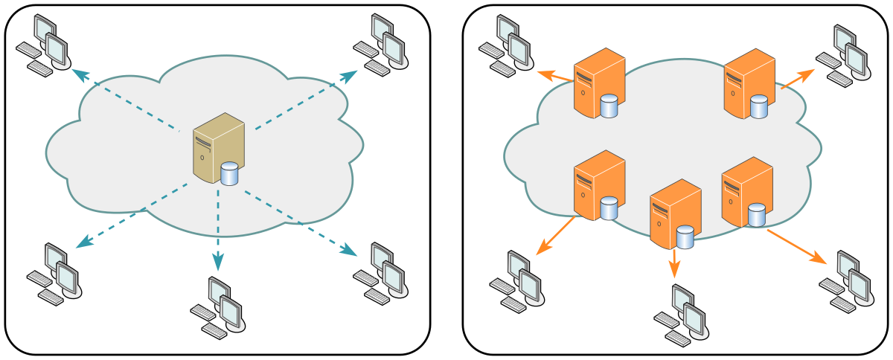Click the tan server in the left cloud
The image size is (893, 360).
(x=215, y=147)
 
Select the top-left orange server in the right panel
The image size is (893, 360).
(x=597, y=82)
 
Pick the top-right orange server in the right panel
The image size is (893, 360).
(x=749, y=82)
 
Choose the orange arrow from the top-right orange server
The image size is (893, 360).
(x=796, y=80)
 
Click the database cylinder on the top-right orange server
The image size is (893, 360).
(x=758, y=106)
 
